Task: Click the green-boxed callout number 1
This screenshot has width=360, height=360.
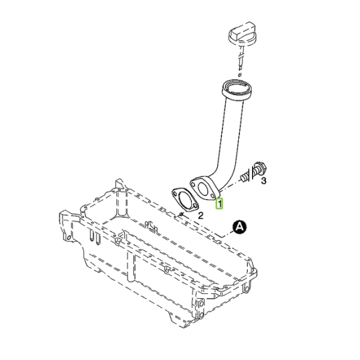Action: point(219,203)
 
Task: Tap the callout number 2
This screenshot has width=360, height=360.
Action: point(200,215)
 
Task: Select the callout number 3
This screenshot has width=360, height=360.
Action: point(263,181)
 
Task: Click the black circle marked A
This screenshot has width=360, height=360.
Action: point(239,227)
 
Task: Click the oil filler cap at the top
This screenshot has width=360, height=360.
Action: point(242,34)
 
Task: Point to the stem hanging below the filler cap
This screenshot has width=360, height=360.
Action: point(241,60)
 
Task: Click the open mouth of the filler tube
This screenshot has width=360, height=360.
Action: point(237,88)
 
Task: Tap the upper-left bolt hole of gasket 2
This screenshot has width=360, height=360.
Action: point(176,194)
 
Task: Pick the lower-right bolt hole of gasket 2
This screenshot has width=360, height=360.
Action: point(194,206)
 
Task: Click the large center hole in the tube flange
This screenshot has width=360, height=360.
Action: point(202,189)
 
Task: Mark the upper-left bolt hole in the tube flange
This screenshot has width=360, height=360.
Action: point(194,184)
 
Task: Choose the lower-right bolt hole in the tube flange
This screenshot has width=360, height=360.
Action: point(212,196)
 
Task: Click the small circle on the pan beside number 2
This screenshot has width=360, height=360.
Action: point(181,214)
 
